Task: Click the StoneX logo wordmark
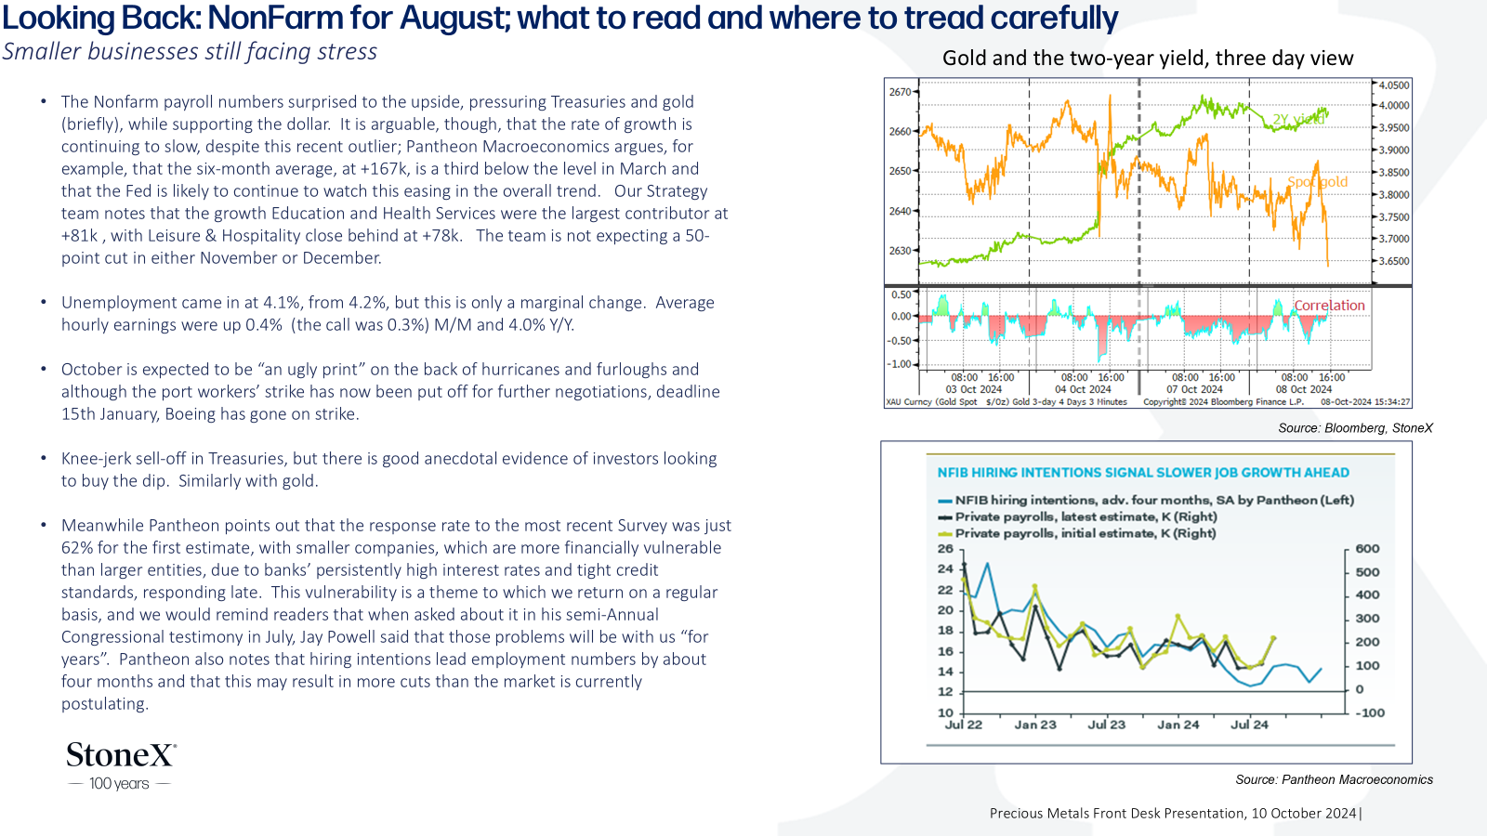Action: pyautogui.click(x=122, y=754)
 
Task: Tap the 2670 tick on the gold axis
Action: pyautogui.click(x=900, y=92)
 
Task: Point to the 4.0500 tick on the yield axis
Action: pyautogui.click(x=1394, y=85)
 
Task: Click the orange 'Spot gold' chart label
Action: pyautogui.click(x=1317, y=182)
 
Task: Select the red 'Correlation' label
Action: pyautogui.click(x=1329, y=306)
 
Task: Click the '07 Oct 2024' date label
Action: pyautogui.click(x=1194, y=389)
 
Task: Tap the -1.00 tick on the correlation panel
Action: pyautogui.click(x=900, y=364)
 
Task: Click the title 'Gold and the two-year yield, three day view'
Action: pyautogui.click(x=1148, y=59)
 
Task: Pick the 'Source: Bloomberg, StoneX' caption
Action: pyautogui.click(x=1355, y=428)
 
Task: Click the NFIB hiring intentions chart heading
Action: pyautogui.click(x=1143, y=473)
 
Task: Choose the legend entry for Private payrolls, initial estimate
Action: pyautogui.click(x=1077, y=533)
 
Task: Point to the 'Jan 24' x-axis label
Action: pyautogui.click(x=1178, y=725)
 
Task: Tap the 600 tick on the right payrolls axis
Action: pyautogui.click(x=1367, y=549)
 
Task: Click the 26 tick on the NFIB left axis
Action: pyautogui.click(x=944, y=549)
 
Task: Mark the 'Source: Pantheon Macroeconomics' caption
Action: pyautogui.click(x=1334, y=779)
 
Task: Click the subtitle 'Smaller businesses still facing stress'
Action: pyautogui.click(x=190, y=52)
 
